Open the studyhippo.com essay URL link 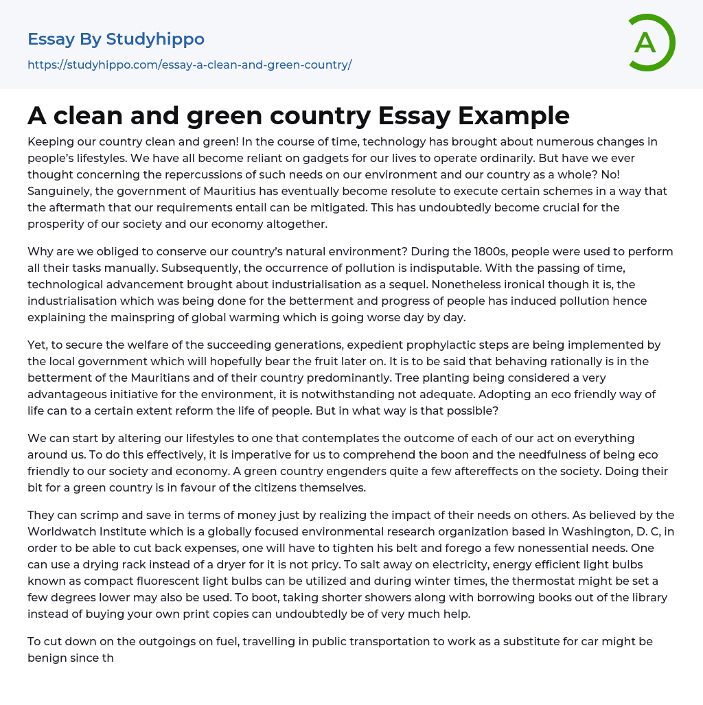click(x=189, y=65)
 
